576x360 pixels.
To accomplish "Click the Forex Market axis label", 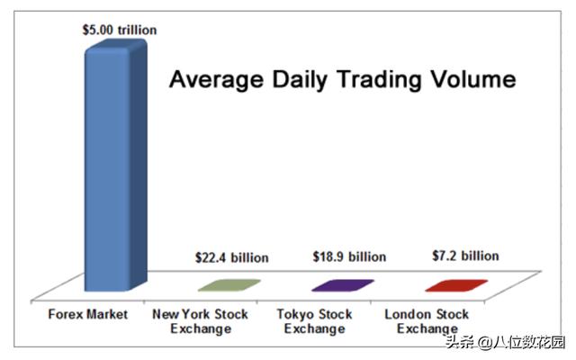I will pyautogui.click(x=88, y=314).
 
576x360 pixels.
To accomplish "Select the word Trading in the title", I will pyautogui.click(x=382, y=81).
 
